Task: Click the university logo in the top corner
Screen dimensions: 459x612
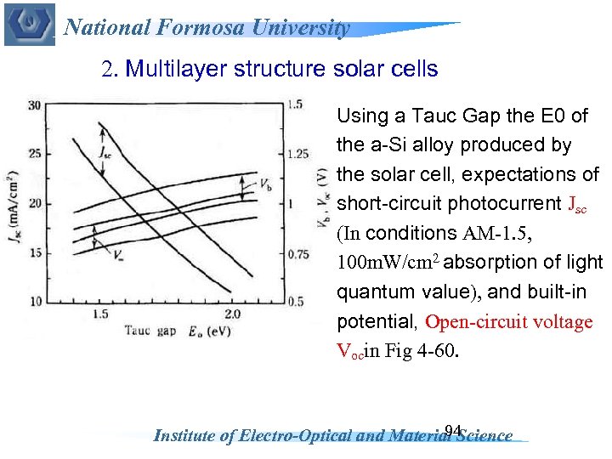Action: click(x=29, y=25)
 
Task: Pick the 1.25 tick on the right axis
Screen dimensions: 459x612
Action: click(x=297, y=154)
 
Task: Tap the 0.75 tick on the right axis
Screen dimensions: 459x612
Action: click(x=297, y=252)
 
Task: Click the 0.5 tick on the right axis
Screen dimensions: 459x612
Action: click(x=295, y=302)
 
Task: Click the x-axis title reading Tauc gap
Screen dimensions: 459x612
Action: click(x=149, y=330)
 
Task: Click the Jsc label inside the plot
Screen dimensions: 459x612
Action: click(x=105, y=155)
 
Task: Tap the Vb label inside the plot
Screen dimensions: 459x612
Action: click(x=265, y=183)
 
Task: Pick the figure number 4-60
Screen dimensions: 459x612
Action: click(x=437, y=352)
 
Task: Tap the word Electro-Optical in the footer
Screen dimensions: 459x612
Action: click(x=309, y=436)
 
